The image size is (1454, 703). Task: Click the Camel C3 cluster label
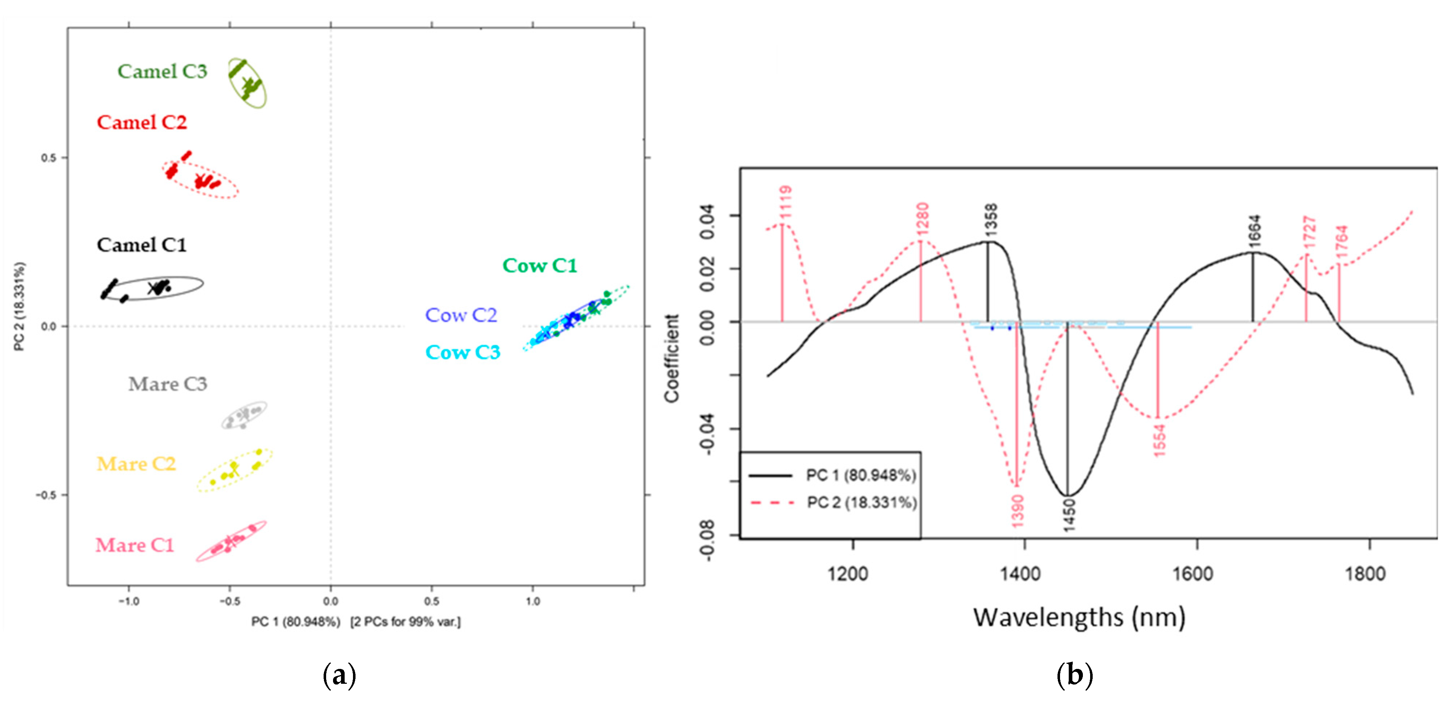162,72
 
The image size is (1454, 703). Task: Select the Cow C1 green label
539,266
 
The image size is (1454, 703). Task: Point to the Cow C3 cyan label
462,353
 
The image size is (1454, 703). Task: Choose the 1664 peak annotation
1254,231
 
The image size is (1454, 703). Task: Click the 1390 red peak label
1017,511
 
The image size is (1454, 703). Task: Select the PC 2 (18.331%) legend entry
861,503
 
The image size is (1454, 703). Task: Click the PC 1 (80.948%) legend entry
860,476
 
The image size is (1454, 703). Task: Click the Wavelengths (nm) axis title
1079,617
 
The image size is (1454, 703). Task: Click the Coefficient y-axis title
672,358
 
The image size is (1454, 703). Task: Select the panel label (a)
339,675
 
